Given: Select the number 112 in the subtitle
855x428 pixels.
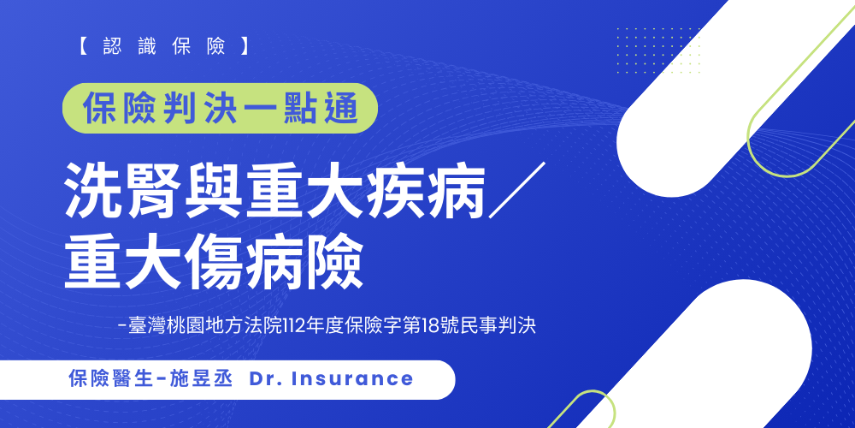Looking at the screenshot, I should click(x=330, y=326).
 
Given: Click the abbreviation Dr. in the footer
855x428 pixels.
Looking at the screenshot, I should click(x=265, y=378).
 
